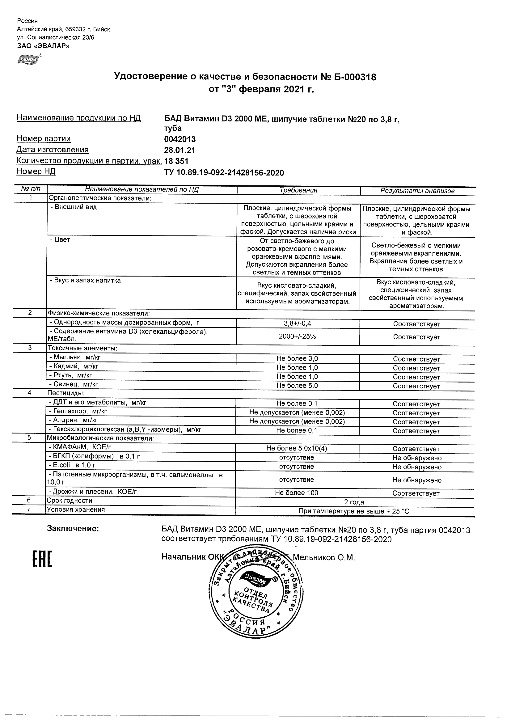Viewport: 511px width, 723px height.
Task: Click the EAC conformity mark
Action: (x=42, y=559)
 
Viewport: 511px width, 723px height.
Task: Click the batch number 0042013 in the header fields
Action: (x=180, y=139)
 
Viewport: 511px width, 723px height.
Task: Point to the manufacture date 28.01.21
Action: (x=180, y=150)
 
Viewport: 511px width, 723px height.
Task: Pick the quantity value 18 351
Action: (x=176, y=161)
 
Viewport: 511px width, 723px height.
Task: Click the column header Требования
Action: (x=298, y=190)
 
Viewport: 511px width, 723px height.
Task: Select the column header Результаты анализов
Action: (x=417, y=191)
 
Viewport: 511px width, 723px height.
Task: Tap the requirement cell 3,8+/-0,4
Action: (x=298, y=323)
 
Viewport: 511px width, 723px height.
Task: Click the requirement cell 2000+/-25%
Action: (x=298, y=336)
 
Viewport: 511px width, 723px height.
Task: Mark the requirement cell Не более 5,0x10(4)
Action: (x=297, y=448)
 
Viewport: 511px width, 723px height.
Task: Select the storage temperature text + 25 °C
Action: (x=398, y=511)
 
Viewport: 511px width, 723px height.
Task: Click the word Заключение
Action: (x=73, y=529)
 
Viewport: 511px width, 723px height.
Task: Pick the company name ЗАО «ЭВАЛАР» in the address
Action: (x=43, y=46)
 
